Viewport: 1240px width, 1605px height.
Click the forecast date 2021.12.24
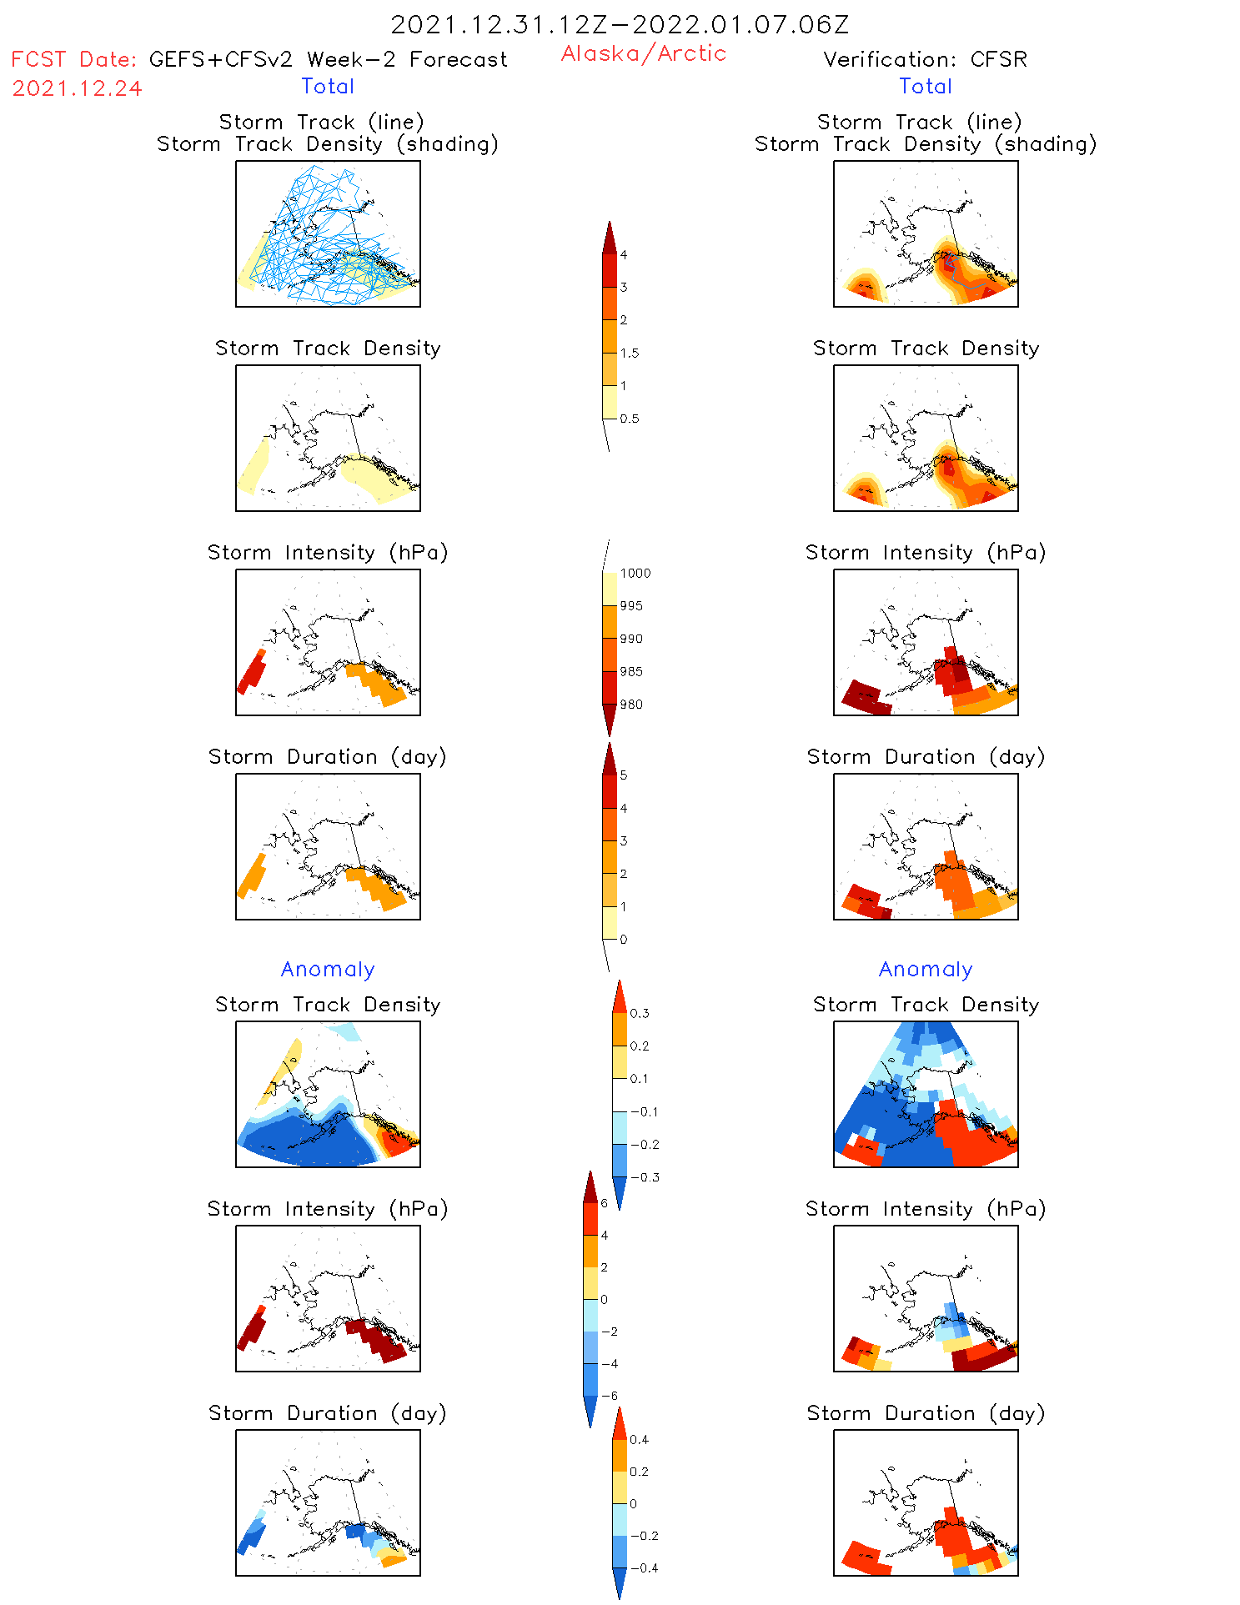(77, 88)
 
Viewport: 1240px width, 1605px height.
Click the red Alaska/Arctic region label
(643, 53)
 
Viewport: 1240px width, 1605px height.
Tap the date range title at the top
(620, 24)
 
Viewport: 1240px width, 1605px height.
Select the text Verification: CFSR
(925, 59)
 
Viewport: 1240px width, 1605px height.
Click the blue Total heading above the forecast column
(328, 86)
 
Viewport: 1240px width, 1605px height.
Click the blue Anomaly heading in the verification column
(926, 969)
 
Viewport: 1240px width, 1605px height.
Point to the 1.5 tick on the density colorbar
(630, 353)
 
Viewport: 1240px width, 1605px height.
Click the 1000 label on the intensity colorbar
(635, 573)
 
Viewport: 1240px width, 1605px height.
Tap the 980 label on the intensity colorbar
(631, 705)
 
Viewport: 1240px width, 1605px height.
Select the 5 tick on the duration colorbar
(624, 775)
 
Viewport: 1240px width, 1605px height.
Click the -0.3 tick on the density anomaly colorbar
(645, 1177)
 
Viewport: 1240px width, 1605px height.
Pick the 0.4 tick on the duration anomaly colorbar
(640, 1439)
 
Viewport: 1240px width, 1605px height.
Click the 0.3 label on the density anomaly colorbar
(640, 1013)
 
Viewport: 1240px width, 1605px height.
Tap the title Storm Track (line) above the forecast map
(321, 122)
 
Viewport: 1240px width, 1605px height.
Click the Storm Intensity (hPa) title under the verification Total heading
(926, 552)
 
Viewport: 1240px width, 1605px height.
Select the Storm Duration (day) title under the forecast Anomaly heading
(328, 1412)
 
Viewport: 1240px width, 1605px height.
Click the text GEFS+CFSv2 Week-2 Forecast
(328, 59)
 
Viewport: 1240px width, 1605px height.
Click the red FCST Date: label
(73, 59)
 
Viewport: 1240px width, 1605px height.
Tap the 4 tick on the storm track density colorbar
(624, 254)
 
